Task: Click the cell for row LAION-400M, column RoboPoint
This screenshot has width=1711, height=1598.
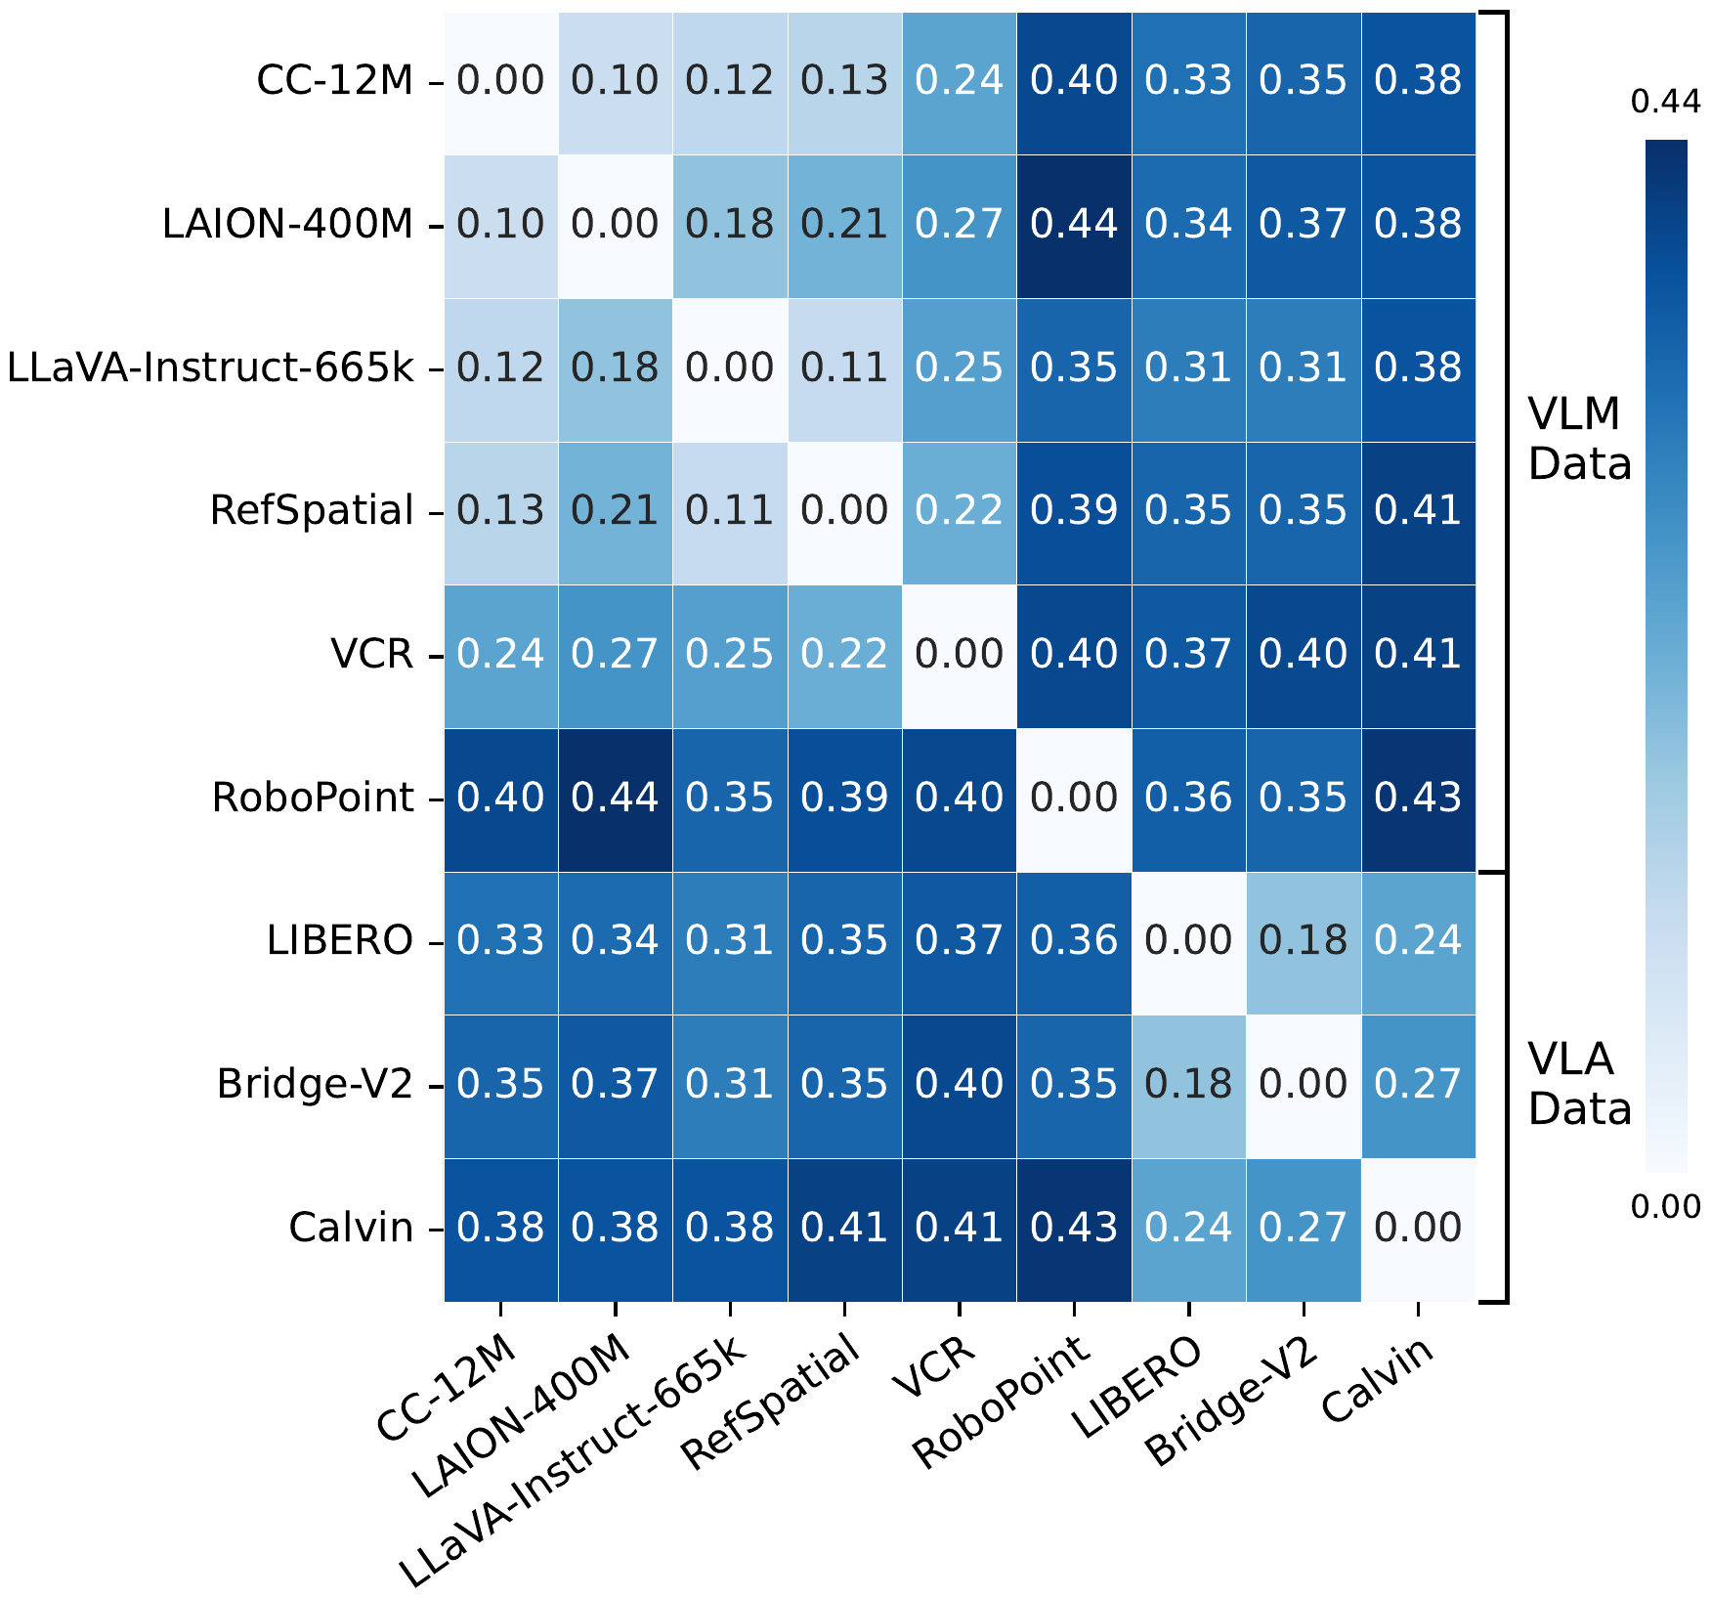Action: point(1074,225)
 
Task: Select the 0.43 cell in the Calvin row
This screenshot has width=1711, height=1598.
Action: point(1074,1229)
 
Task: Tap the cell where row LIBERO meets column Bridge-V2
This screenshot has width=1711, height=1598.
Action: point(1304,941)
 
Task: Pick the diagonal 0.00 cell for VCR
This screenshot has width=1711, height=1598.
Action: point(959,655)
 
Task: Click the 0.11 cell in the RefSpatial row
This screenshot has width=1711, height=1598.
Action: point(730,511)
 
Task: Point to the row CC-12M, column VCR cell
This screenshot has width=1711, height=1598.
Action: point(959,81)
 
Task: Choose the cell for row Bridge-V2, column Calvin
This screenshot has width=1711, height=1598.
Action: point(1418,1085)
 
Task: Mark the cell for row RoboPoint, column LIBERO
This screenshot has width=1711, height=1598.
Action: point(1188,799)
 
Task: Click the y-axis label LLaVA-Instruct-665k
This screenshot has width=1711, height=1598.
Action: point(210,368)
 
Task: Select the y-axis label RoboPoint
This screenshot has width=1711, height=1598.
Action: point(313,799)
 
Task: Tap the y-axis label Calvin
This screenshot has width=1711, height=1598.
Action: point(351,1229)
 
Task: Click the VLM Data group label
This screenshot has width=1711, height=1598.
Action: point(1579,440)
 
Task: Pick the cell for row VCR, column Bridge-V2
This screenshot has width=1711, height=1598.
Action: point(1304,655)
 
